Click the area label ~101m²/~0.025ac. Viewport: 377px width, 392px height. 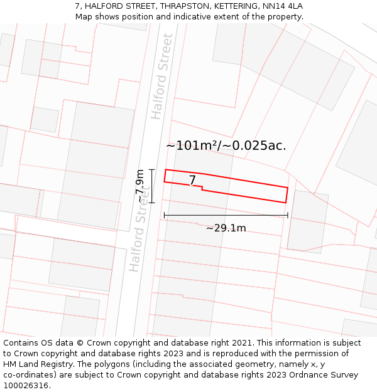(226, 146)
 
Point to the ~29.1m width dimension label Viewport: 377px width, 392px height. (226, 228)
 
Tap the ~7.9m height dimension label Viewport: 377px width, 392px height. (140, 186)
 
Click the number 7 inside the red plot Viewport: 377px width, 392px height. (193, 181)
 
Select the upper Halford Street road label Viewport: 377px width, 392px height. (161, 77)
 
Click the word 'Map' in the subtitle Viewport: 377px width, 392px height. (84, 17)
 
